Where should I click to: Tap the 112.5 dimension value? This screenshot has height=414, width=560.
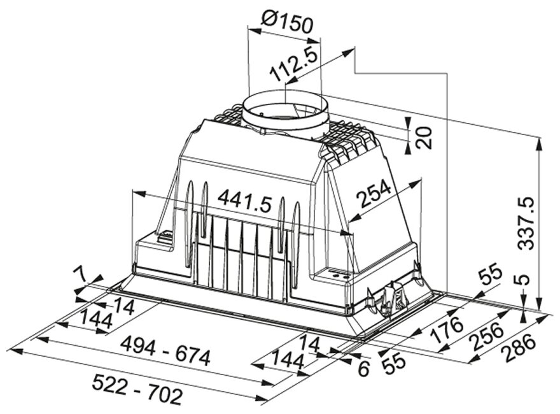click(x=293, y=63)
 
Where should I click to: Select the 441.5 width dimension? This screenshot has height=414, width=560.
click(x=244, y=202)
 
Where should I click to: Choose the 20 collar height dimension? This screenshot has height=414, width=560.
click(x=424, y=138)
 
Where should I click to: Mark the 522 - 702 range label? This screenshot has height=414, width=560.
click(x=137, y=390)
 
